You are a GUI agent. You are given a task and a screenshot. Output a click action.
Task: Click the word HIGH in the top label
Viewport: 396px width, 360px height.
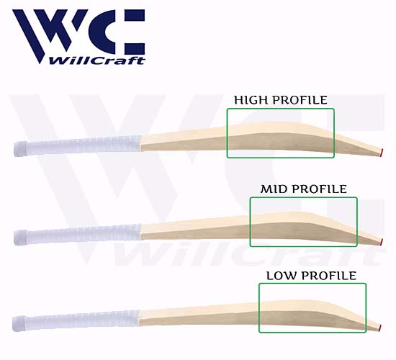coord(251,100)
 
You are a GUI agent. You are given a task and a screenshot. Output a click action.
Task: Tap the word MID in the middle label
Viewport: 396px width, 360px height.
coord(275,189)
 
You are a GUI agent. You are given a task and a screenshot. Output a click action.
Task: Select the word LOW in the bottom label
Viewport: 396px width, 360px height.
coord(283,276)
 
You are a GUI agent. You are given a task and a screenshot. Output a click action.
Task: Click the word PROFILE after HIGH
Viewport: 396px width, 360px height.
coord(300,100)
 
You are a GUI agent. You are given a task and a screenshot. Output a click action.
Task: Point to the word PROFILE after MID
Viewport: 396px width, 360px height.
coord(320,189)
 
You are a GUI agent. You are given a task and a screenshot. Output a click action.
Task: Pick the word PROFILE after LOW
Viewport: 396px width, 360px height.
coord(330,276)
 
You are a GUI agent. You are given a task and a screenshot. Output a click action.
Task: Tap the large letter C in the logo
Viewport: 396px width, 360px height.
coord(123,32)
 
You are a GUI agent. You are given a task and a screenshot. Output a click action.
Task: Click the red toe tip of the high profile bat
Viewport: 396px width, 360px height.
coord(382,153)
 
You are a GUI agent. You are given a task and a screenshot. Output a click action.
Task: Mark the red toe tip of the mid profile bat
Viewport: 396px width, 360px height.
coord(382,241)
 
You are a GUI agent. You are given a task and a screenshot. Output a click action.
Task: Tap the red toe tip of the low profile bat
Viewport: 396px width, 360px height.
coord(379,328)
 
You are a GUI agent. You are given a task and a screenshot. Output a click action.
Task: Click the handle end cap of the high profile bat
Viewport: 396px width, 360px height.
coord(20,149)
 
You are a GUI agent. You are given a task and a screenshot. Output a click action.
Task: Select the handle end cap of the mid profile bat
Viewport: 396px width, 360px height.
coord(21,237)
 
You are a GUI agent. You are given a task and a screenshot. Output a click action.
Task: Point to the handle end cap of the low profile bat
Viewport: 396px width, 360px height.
coord(19,323)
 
